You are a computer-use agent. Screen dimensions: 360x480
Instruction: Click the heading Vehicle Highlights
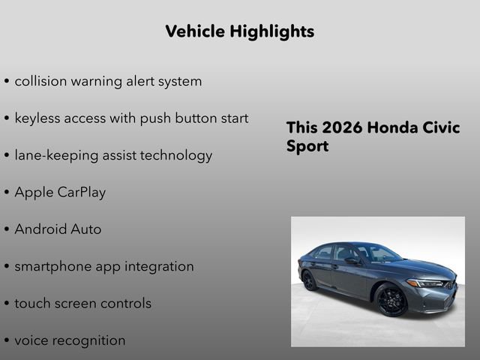239,31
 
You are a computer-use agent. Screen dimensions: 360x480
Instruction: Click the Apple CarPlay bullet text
60,193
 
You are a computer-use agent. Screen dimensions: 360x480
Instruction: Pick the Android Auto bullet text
58,229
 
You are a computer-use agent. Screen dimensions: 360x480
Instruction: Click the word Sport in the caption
307,146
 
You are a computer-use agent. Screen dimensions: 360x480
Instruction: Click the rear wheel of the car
310,280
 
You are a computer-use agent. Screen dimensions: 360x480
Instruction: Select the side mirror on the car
352,262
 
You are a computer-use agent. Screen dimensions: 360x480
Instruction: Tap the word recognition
90,340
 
